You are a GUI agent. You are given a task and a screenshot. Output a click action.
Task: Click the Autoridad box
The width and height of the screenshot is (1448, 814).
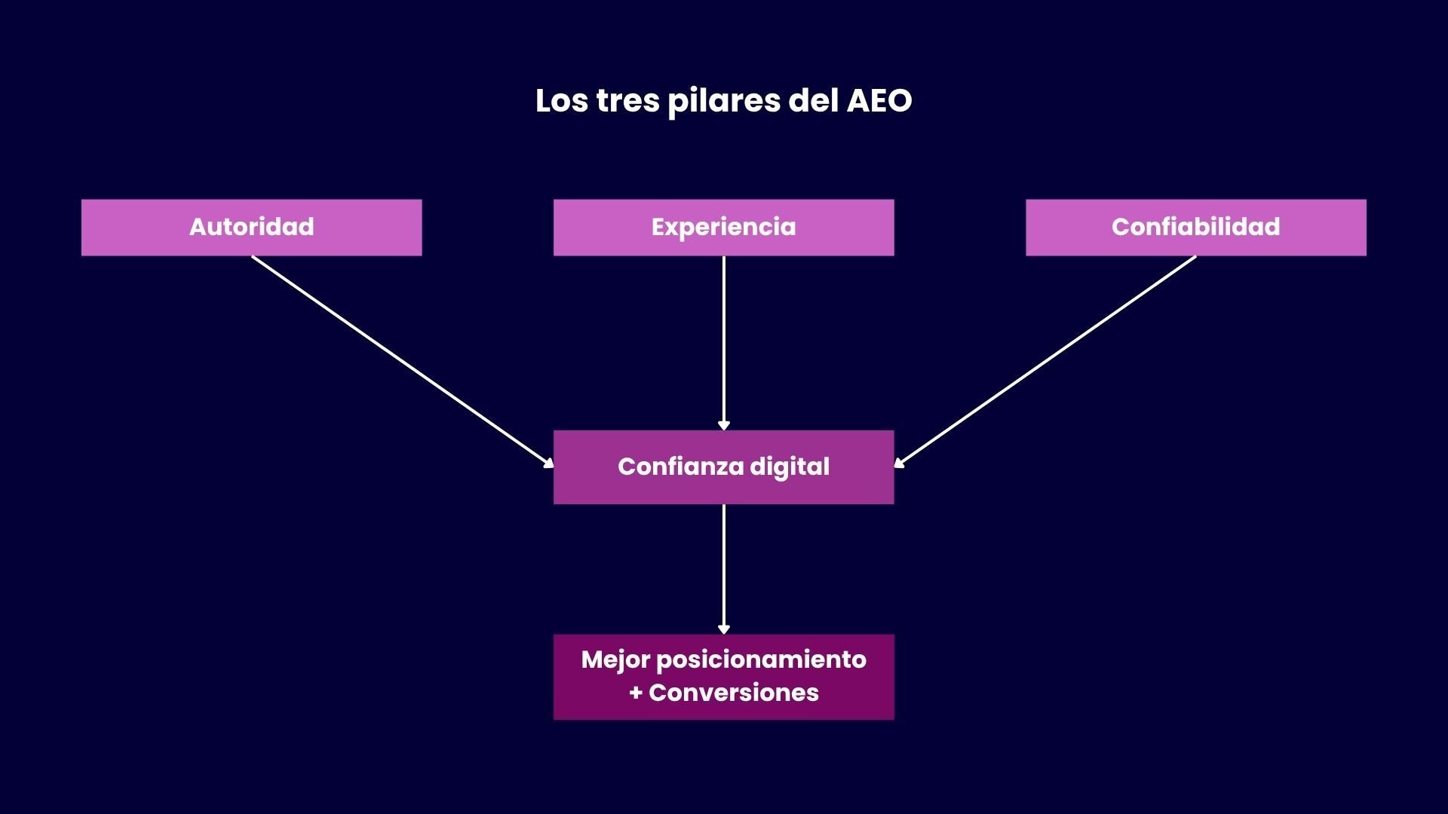tap(251, 227)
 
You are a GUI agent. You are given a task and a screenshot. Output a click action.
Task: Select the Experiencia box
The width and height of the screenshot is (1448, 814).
tap(723, 227)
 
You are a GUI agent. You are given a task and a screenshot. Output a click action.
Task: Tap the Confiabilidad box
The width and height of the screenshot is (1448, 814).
tap(1195, 227)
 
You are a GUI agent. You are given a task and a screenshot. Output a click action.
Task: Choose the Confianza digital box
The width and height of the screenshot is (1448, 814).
tap(723, 467)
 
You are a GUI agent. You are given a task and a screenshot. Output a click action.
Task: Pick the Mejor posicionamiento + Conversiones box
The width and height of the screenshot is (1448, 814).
tap(723, 676)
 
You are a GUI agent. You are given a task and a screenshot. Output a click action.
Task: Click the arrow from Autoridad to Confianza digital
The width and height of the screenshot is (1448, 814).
tap(402, 360)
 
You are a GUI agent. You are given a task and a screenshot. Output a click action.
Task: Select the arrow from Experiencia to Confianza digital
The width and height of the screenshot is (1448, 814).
tap(723, 343)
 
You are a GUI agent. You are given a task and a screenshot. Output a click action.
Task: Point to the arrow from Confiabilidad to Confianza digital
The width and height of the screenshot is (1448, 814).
tap(1045, 360)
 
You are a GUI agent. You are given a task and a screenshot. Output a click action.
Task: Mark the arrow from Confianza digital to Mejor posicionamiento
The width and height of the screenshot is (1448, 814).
tap(723, 569)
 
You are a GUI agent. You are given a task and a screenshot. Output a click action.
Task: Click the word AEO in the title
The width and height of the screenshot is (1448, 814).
tap(879, 101)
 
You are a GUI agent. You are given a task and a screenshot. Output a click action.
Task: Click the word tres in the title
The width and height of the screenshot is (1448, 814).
tap(627, 101)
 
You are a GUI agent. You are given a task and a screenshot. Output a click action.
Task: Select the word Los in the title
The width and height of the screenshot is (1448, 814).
tap(561, 101)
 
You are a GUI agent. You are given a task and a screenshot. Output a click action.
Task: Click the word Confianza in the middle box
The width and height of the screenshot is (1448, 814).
tap(680, 467)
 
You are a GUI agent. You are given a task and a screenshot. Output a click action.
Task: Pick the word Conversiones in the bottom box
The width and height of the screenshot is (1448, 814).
tap(733, 693)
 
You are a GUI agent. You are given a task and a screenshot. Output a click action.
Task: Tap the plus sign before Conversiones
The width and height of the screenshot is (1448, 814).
tap(636, 693)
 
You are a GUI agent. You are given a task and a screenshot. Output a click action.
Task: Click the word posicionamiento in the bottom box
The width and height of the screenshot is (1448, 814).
tap(761, 660)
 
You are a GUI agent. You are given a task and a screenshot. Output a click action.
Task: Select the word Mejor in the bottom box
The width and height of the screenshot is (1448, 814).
tap(615, 660)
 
